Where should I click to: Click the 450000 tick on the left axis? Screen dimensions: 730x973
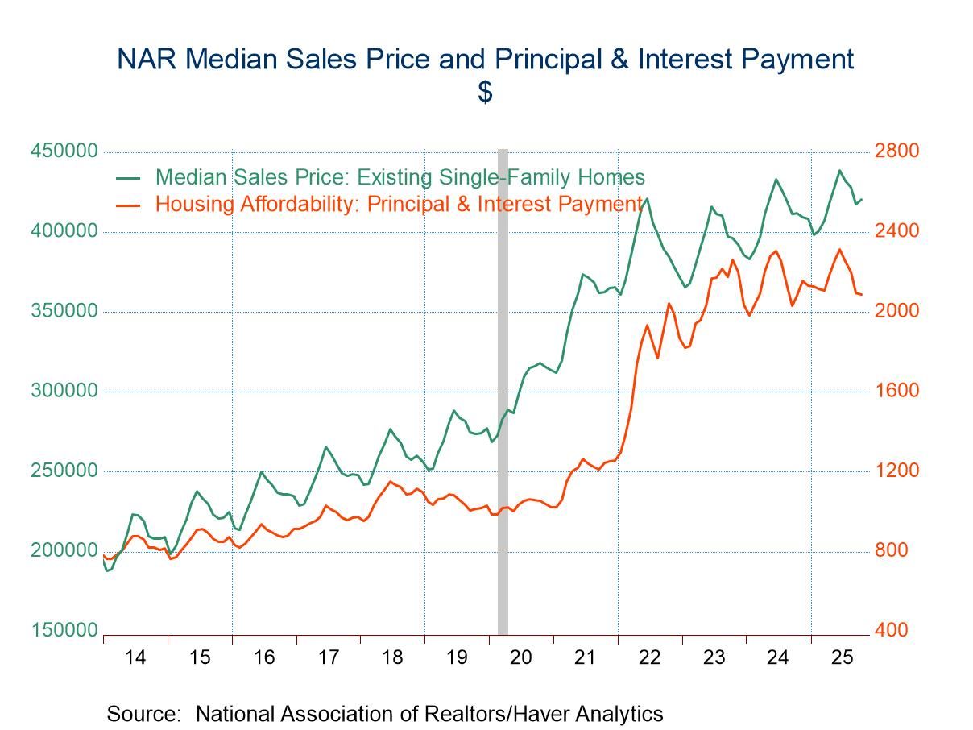click(x=64, y=151)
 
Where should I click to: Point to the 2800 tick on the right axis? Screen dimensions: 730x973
click(x=897, y=151)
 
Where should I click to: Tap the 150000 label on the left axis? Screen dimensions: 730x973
click(x=64, y=631)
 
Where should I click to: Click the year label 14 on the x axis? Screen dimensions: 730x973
click(x=135, y=657)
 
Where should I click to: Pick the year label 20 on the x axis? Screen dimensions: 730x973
click(x=521, y=657)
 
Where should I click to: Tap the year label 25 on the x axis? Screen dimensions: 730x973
click(x=842, y=657)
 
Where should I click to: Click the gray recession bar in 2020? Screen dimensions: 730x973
click(x=503, y=387)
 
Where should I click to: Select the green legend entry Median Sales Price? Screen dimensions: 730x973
click(x=400, y=177)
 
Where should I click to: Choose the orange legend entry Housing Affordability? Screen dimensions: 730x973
click(x=399, y=204)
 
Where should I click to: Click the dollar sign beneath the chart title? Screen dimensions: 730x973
click(x=485, y=92)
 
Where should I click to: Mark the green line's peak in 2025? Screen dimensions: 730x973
click(x=839, y=170)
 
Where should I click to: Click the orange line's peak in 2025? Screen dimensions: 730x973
click(x=839, y=249)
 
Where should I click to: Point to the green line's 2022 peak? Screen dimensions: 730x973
click(x=647, y=198)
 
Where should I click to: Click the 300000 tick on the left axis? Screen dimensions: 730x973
click(x=64, y=392)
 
